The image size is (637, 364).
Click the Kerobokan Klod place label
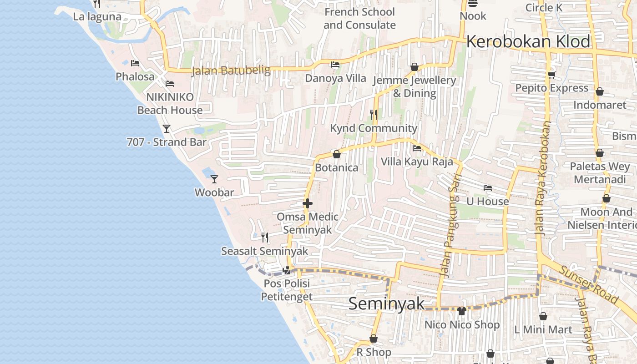[x=528, y=41]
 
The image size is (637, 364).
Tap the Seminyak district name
[x=386, y=303]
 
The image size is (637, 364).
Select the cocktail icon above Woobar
[x=214, y=179]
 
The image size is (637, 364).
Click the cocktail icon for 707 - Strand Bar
[x=167, y=129]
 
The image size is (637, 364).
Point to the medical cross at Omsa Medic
[x=308, y=203]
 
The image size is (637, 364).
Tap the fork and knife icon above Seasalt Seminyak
[x=265, y=237]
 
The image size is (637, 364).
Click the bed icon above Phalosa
[x=135, y=63]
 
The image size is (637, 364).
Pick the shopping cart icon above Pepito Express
[x=551, y=75]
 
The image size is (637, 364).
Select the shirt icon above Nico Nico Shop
[x=462, y=311]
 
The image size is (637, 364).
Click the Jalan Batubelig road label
[x=231, y=71]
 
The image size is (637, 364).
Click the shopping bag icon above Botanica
[x=337, y=154]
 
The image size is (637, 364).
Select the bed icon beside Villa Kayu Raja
[x=416, y=148]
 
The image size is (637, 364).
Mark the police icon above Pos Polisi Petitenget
[x=286, y=270]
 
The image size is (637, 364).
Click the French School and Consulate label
[x=359, y=19]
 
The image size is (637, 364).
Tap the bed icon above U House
[x=488, y=187]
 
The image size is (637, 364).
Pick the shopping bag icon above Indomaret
[x=600, y=91]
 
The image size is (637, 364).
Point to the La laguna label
[x=97, y=17]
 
